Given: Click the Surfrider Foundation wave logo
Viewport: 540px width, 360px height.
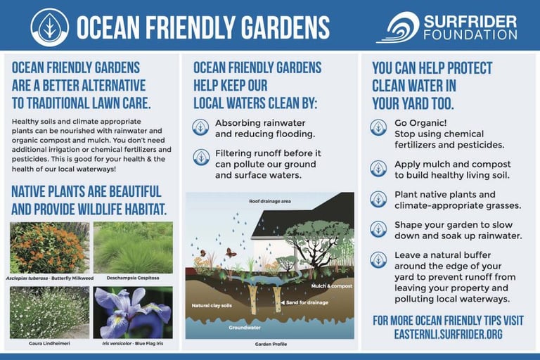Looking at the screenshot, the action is tap(398, 27).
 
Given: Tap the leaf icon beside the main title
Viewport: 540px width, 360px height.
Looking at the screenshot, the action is tap(50, 27).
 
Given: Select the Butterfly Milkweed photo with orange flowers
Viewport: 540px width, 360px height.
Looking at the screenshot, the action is tap(50, 247).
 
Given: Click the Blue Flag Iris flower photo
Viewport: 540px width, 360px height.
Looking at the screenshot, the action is tap(133, 312).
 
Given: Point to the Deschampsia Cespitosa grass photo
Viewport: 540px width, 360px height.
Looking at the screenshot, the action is tap(134, 247).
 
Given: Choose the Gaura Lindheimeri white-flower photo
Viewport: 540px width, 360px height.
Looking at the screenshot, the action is tap(50, 312).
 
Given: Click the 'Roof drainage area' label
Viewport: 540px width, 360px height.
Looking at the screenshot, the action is tap(270, 201).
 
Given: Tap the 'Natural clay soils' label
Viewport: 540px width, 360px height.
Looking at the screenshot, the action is tap(212, 306).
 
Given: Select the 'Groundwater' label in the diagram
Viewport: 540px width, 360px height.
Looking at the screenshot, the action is tap(245, 328).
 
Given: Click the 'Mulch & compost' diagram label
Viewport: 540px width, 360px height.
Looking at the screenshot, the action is tap(332, 286).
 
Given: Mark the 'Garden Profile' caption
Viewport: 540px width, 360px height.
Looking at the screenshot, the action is tap(271, 344).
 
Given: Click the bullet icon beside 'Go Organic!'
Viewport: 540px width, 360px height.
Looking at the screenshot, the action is tap(378, 127).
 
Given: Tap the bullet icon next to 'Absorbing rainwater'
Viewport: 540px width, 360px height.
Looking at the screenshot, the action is tap(200, 127).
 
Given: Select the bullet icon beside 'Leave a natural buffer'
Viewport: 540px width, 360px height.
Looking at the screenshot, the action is tap(378, 259).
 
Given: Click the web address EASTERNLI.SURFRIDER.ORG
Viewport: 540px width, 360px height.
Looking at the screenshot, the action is tap(448, 334).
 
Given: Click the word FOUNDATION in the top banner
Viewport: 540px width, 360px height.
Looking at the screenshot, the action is tap(470, 34).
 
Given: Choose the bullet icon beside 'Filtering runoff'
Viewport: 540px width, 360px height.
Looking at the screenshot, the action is tap(201, 157).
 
